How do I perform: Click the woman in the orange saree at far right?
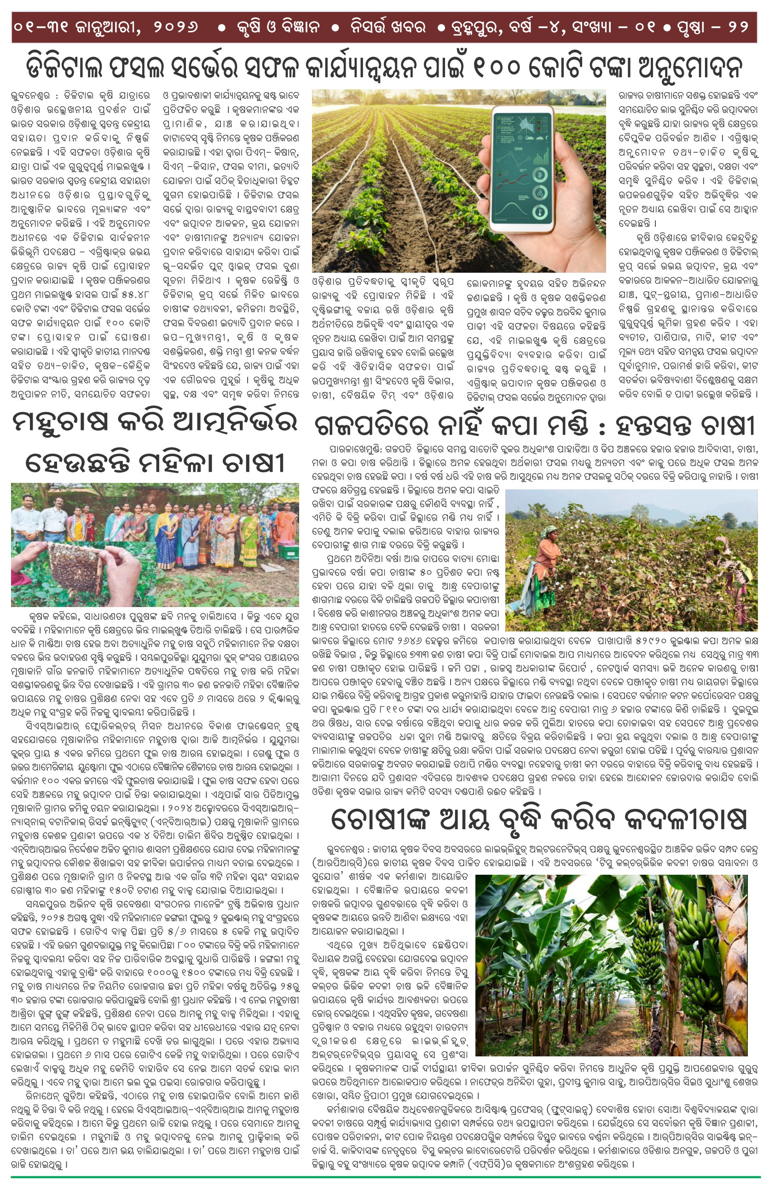tap(286, 521)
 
